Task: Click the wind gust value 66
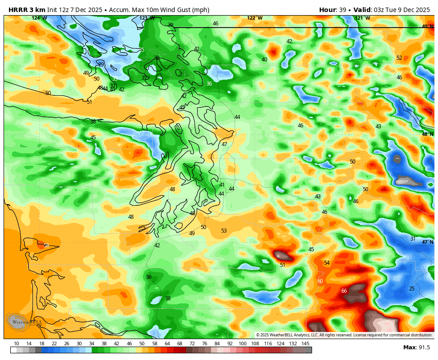[344, 291]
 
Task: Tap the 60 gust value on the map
[320, 281]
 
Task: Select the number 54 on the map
[327, 263]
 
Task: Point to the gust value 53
[224, 231]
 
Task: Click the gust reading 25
[412, 289]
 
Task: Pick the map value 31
[413, 239]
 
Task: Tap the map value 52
[399, 58]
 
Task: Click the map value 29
[101, 65]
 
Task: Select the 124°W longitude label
[39, 18]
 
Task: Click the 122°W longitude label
[255, 18]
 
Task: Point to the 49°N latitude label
[427, 26]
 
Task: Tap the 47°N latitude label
[427, 242]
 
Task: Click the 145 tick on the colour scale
[305, 344]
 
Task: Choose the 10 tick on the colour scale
[16, 344]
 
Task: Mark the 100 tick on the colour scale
[243, 344]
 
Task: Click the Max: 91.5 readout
[417, 348]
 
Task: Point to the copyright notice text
[344, 335]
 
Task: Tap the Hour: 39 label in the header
[333, 10]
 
